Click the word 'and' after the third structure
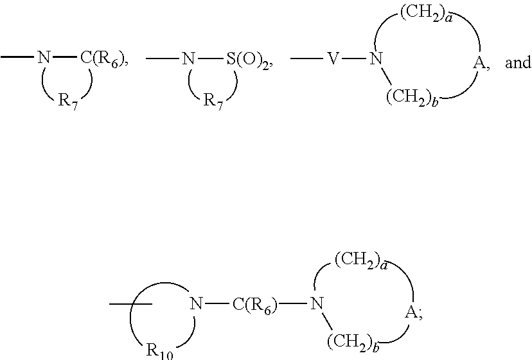[x=518, y=63]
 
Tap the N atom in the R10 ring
[x=195, y=304]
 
